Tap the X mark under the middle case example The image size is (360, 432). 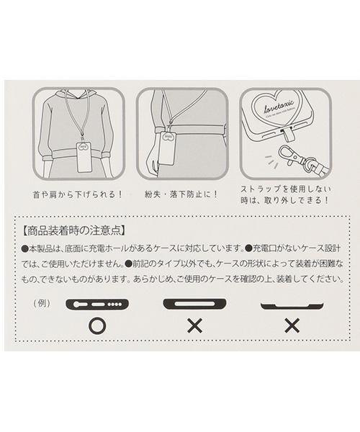click(194, 325)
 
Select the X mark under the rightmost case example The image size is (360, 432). click(292, 325)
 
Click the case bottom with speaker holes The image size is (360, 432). click(96, 304)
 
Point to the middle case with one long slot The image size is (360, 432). click(194, 303)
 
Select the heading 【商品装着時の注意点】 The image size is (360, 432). click(74, 232)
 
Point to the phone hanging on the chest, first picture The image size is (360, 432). click(84, 156)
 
